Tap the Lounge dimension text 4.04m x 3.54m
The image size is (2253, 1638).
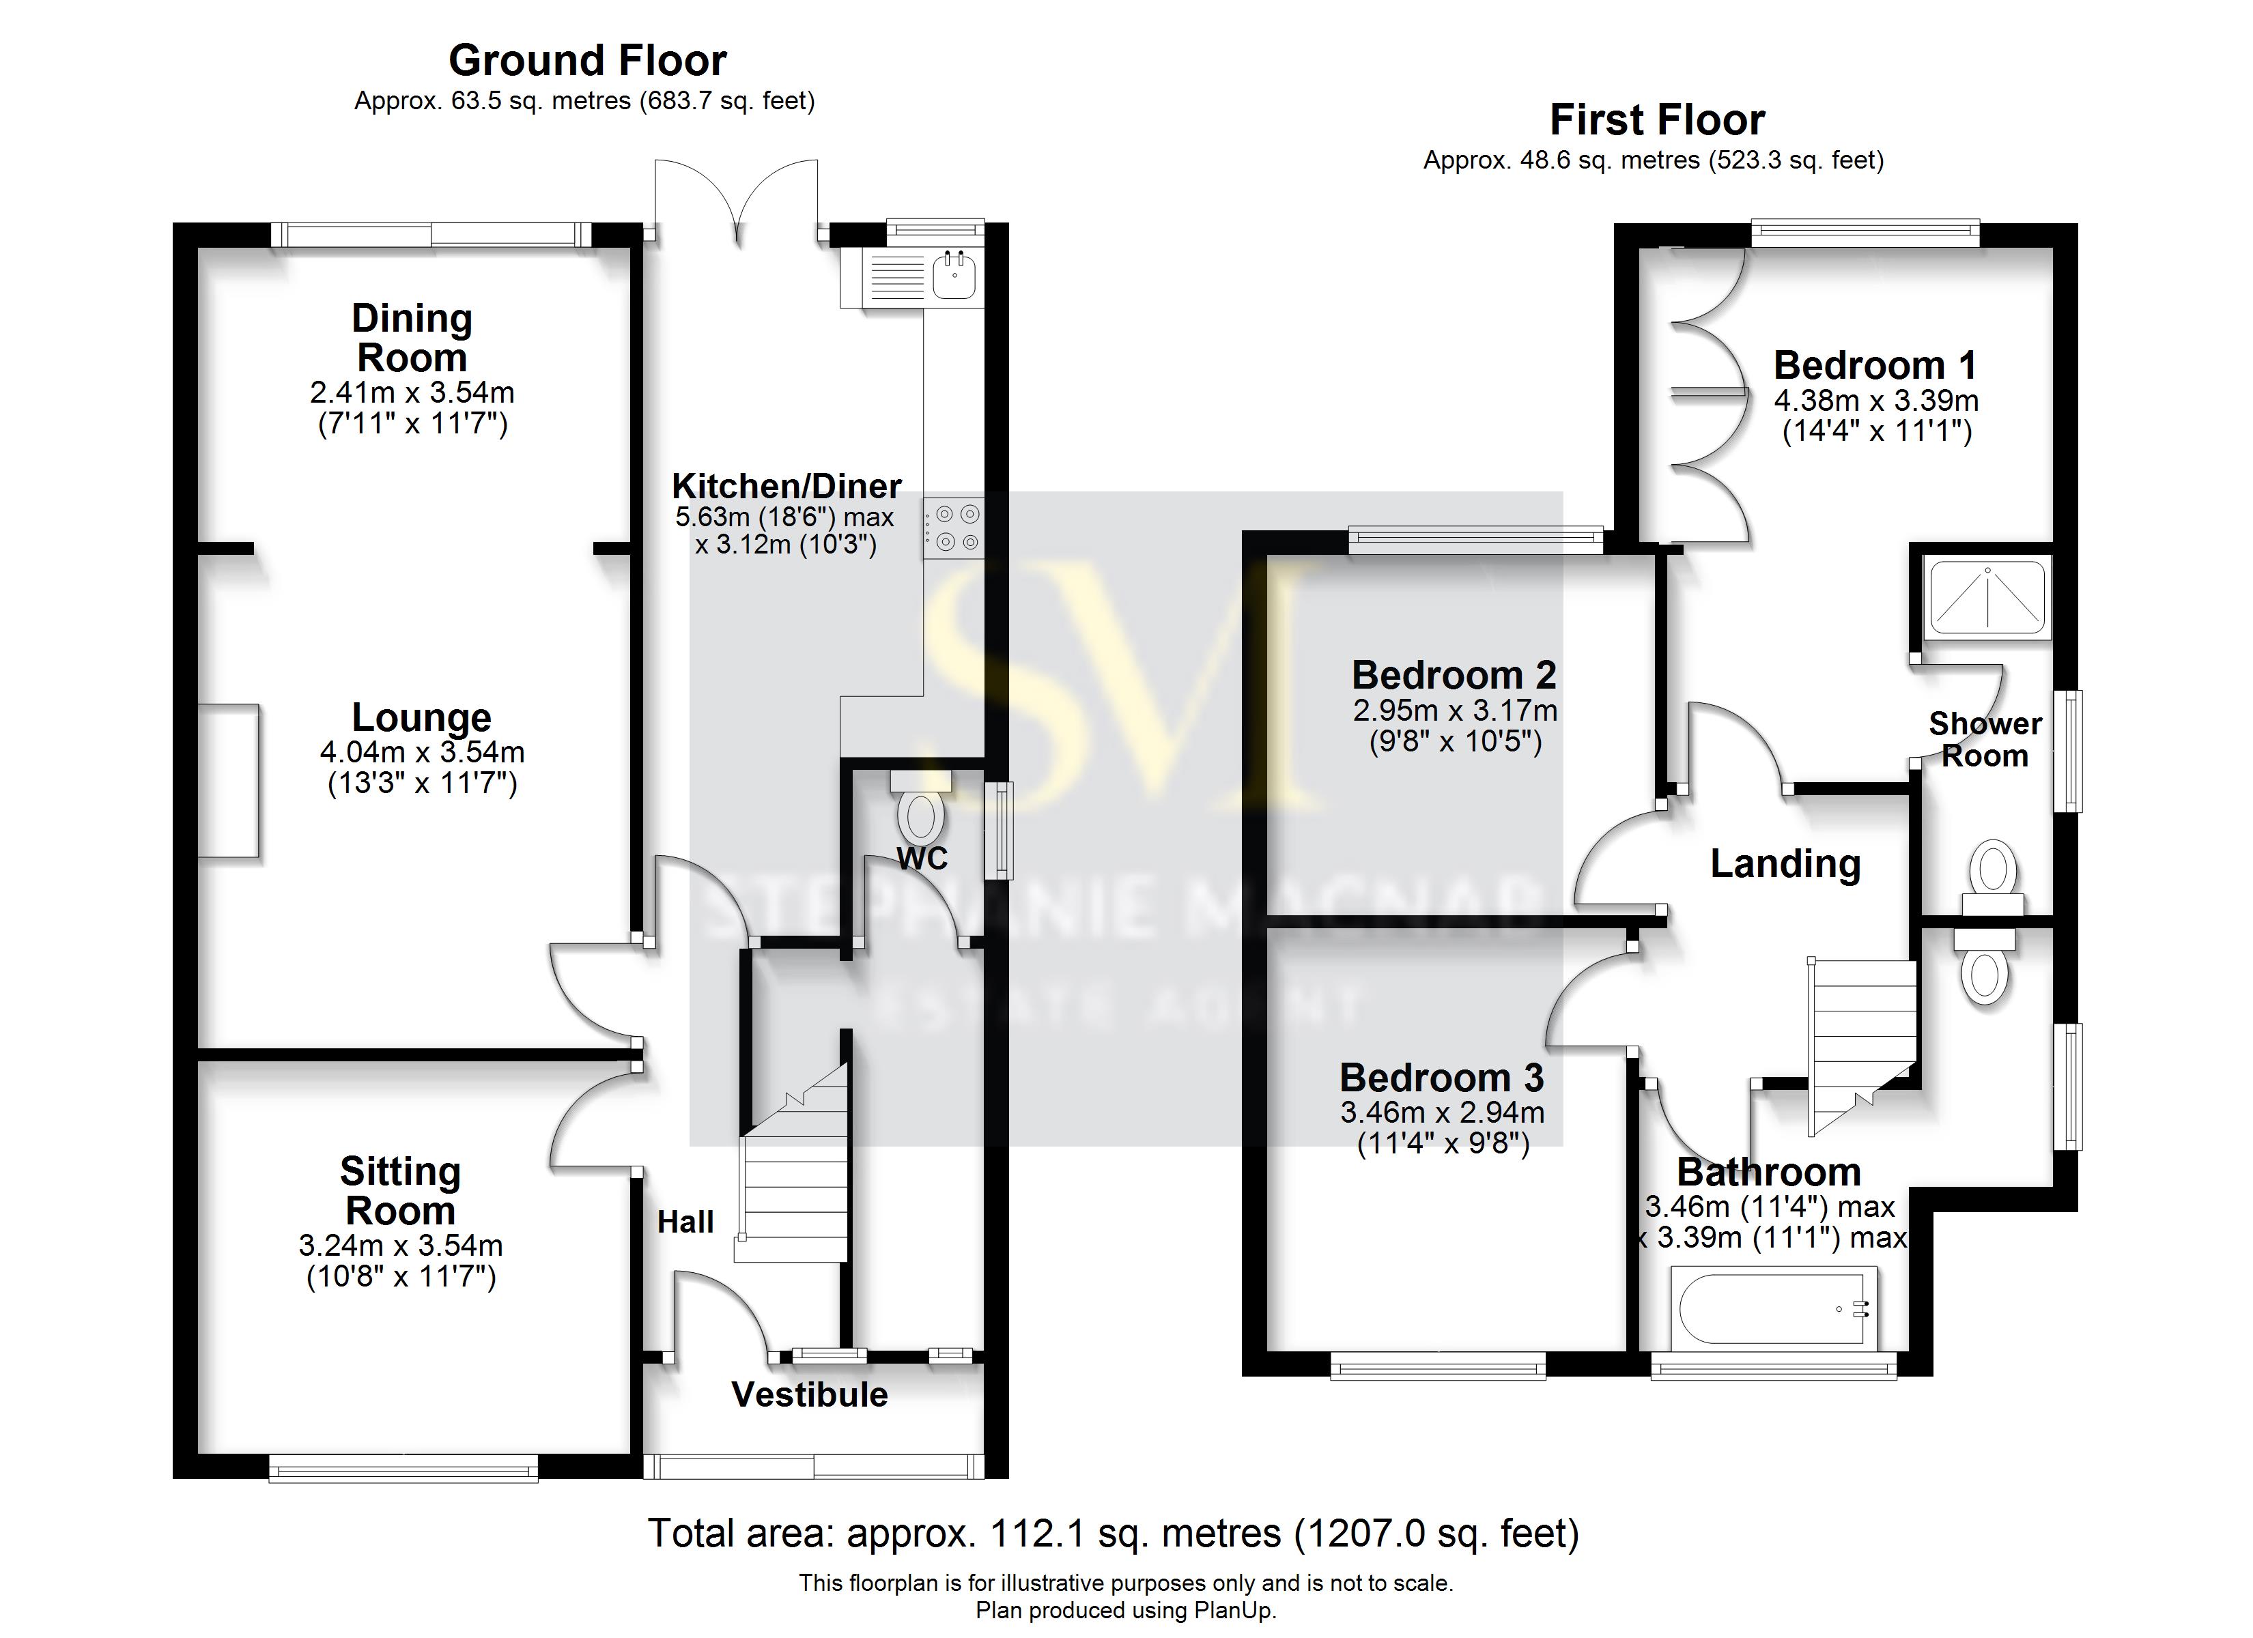422,752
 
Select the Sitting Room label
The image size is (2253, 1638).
400,1191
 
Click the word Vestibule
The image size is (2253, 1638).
810,1394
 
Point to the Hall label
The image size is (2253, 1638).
685,1222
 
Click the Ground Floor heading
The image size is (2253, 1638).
587,61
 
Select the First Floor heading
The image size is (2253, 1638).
1657,120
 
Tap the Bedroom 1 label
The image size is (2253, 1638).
1875,366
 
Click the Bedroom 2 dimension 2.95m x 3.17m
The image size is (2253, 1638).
1454,711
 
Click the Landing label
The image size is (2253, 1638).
1785,863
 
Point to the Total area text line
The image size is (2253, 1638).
1113,1534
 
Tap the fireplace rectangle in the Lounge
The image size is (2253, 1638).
229,781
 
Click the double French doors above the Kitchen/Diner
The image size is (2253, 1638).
736,199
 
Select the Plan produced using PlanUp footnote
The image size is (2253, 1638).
1126,1610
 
